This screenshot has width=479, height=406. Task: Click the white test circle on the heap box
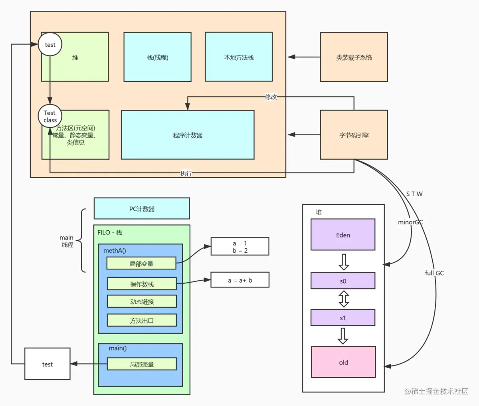click(x=50, y=44)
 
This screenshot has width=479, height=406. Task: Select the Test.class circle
click(x=50, y=116)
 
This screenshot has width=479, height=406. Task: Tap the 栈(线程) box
click(x=157, y=57)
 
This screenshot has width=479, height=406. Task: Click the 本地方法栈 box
click(x=239, y=57)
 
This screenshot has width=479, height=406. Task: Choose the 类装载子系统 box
click(x=354, y=57)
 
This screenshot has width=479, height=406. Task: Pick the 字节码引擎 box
click(x=354, y=135)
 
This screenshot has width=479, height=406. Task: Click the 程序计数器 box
click(x=188, y=135)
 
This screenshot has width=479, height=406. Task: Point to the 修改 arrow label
click(x=271, y=97)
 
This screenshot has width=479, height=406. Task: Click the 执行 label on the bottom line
click(x=186, y=173)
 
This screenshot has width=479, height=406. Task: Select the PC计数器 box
click(x=142, y=208)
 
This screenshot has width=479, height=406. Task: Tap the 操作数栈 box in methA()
click(x=142, y=284)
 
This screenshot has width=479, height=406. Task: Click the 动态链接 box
click(x=142, y=301)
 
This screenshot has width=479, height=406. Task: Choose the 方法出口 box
click(x=142, y=320)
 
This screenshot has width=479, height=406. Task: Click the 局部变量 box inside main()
click(x=142, y=364)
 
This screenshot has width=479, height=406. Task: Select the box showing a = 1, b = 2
click(x=240, y=247)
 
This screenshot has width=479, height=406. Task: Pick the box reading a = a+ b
click(x=240, y=280)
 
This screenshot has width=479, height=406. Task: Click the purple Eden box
click(x=343, y=235)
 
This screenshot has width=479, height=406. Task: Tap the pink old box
click(x=343, y=362)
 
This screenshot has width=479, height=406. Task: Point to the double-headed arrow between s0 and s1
click(x=343, y=299)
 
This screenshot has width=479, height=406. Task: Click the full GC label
click(x=434, y=273)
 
